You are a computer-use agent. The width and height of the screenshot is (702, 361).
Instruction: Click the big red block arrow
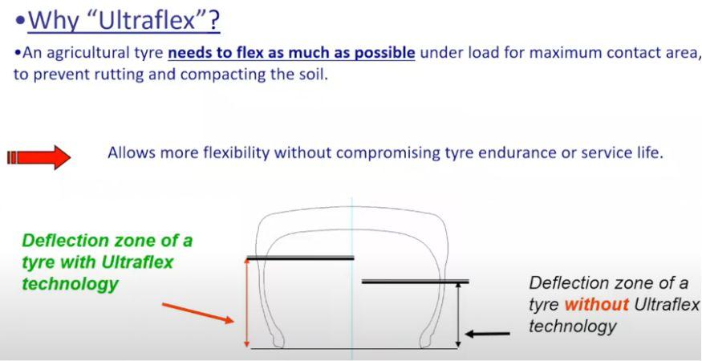[x=39, y=157]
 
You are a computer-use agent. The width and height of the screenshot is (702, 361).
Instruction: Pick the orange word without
[x=596, y=305]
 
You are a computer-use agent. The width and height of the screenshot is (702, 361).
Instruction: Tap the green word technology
[x=70, y=284]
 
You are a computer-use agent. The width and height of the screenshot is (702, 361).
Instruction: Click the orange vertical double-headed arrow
[x=246, y=303]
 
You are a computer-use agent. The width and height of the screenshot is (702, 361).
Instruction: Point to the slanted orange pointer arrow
[x=198, y=313]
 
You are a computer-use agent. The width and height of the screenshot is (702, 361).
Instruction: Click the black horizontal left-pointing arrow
[x=488, y=334]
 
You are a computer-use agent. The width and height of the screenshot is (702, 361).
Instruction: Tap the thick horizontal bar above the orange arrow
[x=300, y=258]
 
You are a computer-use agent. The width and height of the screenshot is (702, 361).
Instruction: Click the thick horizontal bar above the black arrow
[x=415, y=282]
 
